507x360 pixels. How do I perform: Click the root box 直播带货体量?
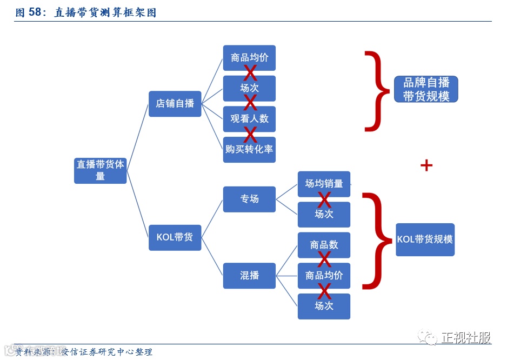(x=100, y=170)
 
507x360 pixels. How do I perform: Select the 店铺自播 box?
(x=175, y=103)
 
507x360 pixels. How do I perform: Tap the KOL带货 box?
(x=175, y=237)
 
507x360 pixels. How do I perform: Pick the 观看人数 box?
(x=249, y=119)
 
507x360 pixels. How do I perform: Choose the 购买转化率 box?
(x=249, y=150)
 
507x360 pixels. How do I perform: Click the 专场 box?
(x=249, y=199)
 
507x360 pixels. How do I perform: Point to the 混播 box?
(x=249, y=276)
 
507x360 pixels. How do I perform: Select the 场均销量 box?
(x=324, y=184)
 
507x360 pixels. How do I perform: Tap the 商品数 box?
(x=324, y=245)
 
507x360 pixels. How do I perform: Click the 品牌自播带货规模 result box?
(x=426, y=89)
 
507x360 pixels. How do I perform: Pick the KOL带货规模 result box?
(x=425, y=239)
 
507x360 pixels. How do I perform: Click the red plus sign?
(x=426, y=165)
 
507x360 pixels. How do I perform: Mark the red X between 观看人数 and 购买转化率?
(x=250, y=135)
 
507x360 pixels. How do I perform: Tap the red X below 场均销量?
(x=324, y=199)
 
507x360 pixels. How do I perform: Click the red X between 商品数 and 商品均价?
(x=324, y=260)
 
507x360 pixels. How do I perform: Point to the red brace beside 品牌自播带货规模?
(x=377, y=91)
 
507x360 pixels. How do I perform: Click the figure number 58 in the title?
(x=35, y=12)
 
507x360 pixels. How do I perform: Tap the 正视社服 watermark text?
(x=466, y=338)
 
